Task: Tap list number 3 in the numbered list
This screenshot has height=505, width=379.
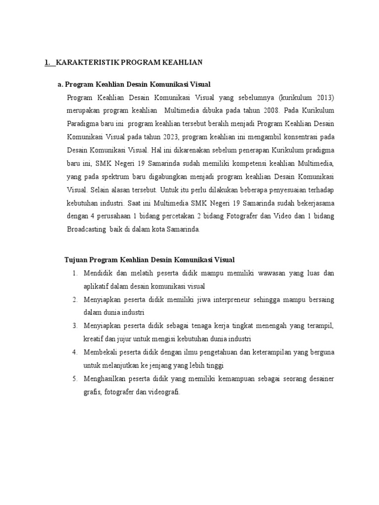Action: click(x=75, y=326)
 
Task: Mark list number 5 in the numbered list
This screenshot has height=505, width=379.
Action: click(x=75, y=379)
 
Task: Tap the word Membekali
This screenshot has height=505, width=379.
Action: click(x=102, y=353)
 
